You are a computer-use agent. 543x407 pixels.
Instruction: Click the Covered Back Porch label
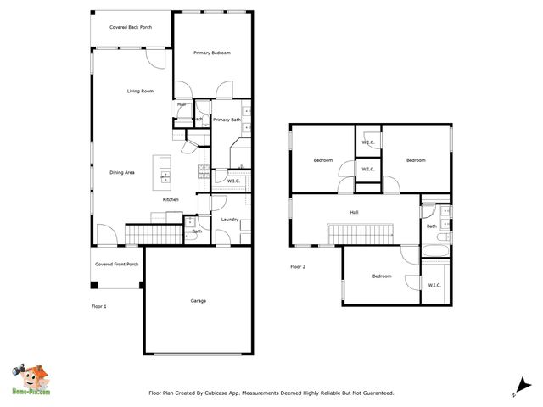[x=131, y=27]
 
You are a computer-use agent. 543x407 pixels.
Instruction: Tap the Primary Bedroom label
[x=212, y=53]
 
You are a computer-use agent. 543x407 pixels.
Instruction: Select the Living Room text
[x=140, y=91]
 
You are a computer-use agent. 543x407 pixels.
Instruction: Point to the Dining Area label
[x=122, y=173]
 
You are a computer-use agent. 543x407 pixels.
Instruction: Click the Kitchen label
[x=171, y=199]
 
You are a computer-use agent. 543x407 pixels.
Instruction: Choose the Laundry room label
[x=229, y=220]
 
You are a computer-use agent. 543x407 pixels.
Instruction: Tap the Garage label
[x=198, y=301]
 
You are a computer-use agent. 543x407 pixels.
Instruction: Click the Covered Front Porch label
[x=117, y=264]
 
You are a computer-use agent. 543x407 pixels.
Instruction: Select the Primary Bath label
[x=227, y=120]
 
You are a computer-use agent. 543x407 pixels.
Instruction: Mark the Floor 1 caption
[x=99, y=305]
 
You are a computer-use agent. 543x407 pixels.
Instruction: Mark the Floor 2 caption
[x=297, y=266]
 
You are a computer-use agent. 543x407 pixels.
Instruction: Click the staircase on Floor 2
[x=360, y=233]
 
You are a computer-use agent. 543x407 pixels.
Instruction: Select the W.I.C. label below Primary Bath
[x=234, y=181]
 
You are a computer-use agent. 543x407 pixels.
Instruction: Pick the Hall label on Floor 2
[x=354, y=212]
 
